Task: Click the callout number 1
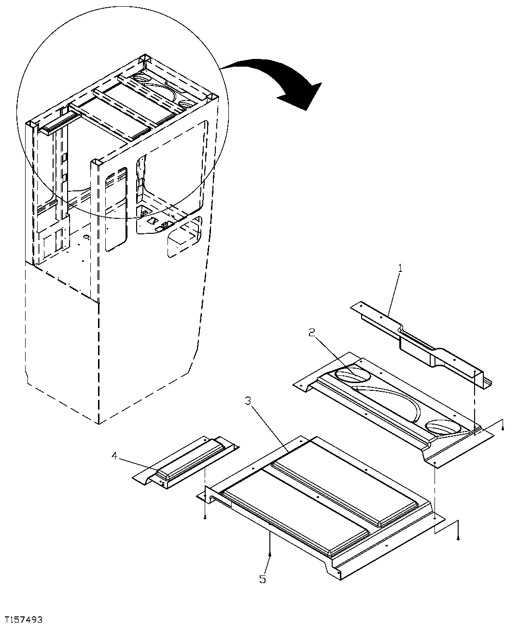coord(400,267)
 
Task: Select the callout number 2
coord(312,332)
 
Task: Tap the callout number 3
coord(248,401)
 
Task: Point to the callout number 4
coord(114,455)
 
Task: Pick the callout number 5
coord(262,578)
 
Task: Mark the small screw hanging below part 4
coord(205,517)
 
